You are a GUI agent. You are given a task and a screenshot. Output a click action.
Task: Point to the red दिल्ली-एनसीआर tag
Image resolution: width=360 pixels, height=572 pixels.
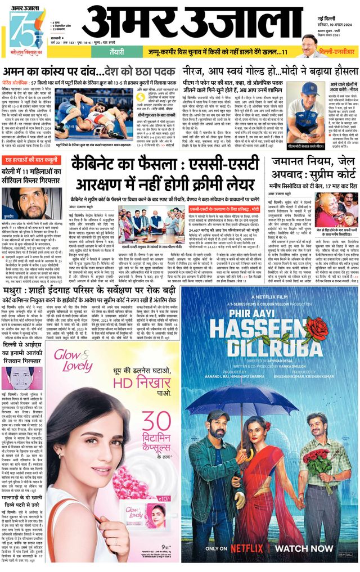click(x=335, y=52)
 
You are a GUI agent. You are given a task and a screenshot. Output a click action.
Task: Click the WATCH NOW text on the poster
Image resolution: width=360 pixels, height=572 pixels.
click(x=307, y=548)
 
